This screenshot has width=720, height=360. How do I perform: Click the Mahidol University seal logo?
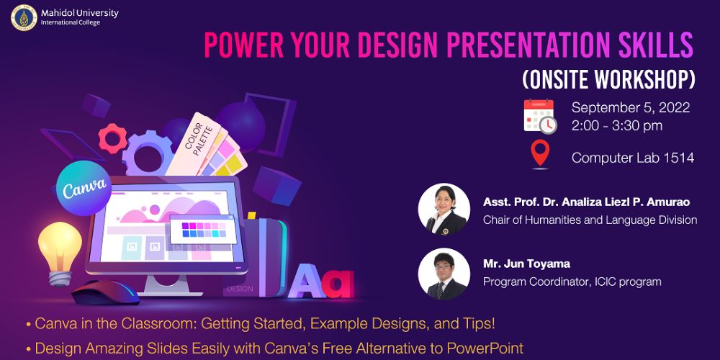(x=24, y=17)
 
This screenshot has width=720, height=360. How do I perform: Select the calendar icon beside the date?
(x=540, y=116)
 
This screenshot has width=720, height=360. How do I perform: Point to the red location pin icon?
(x=540, y=154)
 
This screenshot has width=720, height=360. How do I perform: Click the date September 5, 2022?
(x=631, y=107)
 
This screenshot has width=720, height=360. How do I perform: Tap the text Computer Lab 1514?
(x=632, y=158)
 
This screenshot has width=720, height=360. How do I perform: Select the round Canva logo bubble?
(x=84, y=188)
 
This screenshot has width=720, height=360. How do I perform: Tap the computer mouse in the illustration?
(x=105, y=292)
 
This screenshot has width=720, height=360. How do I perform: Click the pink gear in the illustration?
(x=112, y=138)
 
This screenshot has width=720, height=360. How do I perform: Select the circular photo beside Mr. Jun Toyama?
(x=444, y=274)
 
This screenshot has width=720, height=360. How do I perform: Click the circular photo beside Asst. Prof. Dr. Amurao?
(x=444, y=210)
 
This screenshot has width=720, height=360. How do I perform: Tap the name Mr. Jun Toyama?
(x=526, y=264)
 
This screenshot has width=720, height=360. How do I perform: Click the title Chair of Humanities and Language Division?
(x=590, y=220)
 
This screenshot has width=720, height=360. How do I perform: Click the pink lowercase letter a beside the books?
(x=338, y=284)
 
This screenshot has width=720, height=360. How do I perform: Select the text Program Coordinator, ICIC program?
(x=572, y=282)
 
